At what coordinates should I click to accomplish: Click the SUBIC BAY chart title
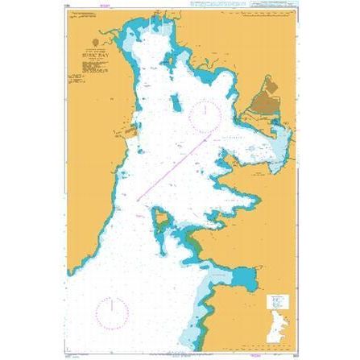(x=97, y=56)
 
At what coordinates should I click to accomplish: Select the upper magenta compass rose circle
(x=205, y=116)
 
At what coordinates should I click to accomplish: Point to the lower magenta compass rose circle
(x=112, y=312)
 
